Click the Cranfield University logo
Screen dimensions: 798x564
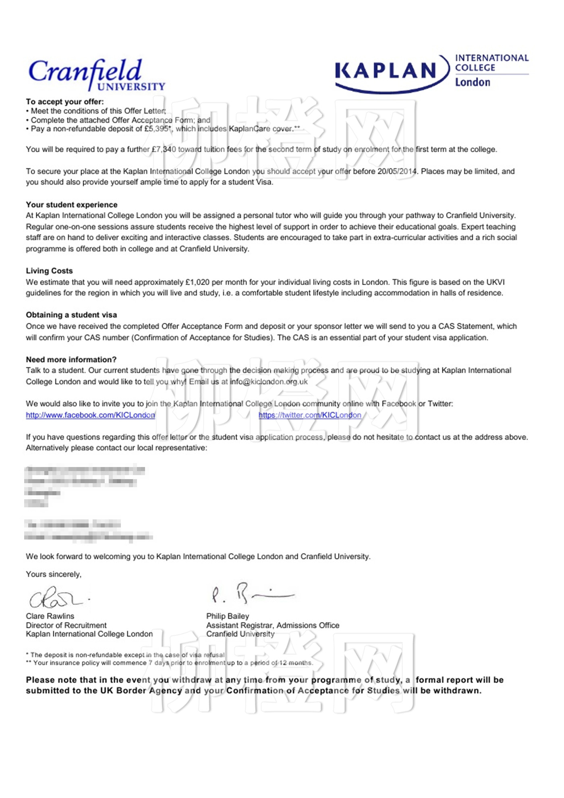[97, 75]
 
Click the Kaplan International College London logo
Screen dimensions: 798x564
[431, 72]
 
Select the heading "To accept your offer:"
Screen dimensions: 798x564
[65, 101]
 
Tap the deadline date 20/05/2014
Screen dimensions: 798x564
[396, 171]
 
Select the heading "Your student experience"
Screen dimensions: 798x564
[72, 205]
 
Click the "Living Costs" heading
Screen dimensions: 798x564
[49, 271]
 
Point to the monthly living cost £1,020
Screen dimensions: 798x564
[197, 282]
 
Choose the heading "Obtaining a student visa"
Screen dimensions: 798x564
[71, 315]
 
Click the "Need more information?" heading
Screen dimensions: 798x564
[71, 360]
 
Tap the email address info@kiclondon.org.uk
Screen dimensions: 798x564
[269, 382]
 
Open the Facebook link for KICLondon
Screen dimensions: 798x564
[90, 415]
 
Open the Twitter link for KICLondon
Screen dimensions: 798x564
[310, 415]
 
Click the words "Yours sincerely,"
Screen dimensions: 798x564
[54, 574]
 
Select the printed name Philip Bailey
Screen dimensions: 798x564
[228, 616]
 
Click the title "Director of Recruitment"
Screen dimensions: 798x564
[66, 625]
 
